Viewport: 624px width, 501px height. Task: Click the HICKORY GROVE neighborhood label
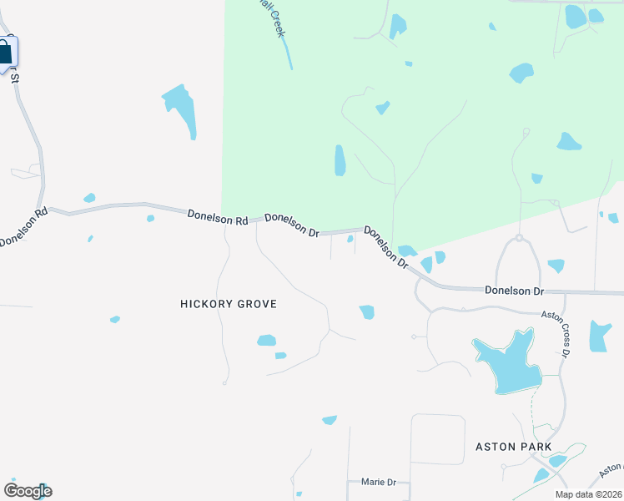click(228, 304)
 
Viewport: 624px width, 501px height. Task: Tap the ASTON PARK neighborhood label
click(513, 447)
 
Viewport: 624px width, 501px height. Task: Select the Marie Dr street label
click(378, 483)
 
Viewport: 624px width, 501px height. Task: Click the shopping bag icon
click(5, 53)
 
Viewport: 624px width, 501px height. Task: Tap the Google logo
click(28, 490)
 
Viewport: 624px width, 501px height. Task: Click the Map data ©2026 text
click(588, 494)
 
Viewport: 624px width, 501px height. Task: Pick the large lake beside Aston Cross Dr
click(506, 362)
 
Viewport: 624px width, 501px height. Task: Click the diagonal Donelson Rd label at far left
click(23, 226)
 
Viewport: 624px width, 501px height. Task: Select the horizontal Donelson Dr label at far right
click(514, 291)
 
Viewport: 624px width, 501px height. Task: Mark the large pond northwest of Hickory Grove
click(181, 108)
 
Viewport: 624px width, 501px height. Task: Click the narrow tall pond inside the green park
click(340, 160)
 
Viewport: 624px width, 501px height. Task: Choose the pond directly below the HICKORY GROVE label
click(266, 340)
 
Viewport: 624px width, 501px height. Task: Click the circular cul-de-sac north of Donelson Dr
click(518, 238)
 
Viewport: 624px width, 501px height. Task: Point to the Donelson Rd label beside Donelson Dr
click(218, 218)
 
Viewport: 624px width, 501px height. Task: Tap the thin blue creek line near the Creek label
click(288, 54)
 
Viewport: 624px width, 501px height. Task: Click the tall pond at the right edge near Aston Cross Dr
click(599, 336)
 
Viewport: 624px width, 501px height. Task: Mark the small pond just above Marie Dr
click(330, 419)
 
